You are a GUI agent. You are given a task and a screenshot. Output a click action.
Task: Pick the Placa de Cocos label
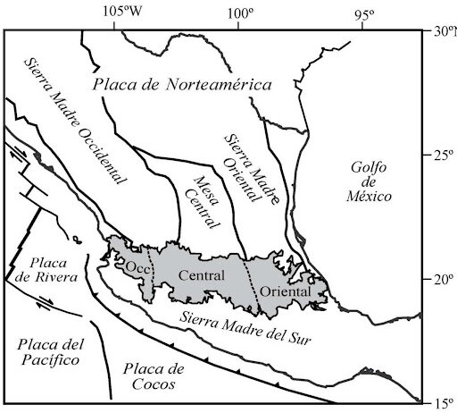coord(154,376)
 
